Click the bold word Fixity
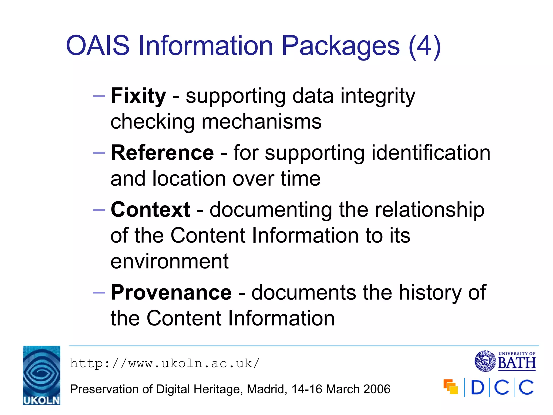point(138,96)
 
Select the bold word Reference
point(162,153)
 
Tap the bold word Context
point(150,210)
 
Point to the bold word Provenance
point(171,293)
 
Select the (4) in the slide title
point(425,46)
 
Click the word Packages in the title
point(340,46)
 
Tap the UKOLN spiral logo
point(42,375)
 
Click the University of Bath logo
point(505,361)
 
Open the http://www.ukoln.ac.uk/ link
point(165,363)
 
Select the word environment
point(170,262)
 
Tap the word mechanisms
point(262,122)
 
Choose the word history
point(430,293)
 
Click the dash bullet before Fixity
point(99,96)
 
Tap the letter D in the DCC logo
point(477,387)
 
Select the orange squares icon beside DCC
point(451,387)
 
